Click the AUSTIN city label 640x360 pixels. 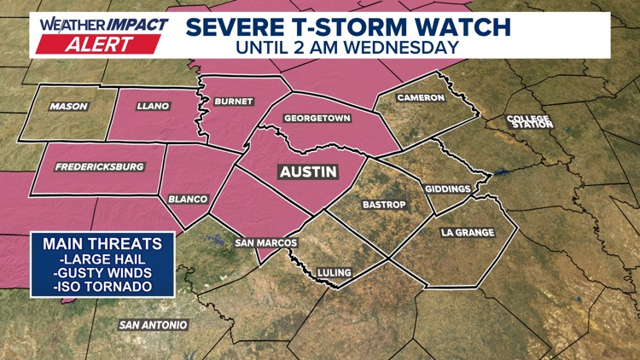(x=308, y=171)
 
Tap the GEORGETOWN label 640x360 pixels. (x=317, y=119)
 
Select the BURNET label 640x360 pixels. (x=234, y=101)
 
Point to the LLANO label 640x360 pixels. (x=153, y=107)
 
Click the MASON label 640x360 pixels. (x=68, y=107)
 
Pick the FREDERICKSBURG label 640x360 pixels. (x=98, y=167)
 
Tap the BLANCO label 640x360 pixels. (x=188, y=199)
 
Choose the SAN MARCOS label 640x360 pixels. (x=265, y=243)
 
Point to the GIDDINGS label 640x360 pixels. (x=447, y=188)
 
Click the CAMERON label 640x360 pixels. (x=421, y=98)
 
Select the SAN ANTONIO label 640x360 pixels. (x=154, y=325)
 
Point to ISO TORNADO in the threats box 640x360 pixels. (x=101, y=286)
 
